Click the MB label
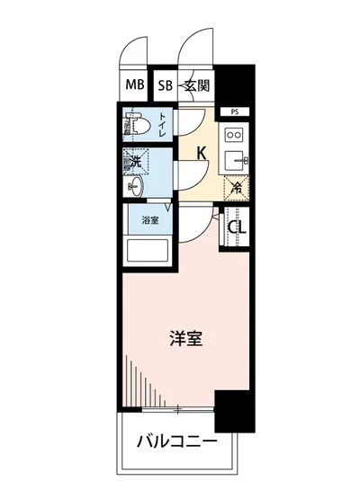pyautogui.click(x=134, y=86)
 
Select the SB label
pyautogui.click(x=164, y=86)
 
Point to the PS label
pyautogui.click(x=234, y=112)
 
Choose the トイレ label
pyautogui.click(x=163, y=128)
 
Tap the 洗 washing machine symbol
pyautogui.click(x=134, y=164)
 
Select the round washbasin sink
pyautogui.click(x=136, y=185)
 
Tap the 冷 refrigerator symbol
pyautogui.click(x=235, y=188)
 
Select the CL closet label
pyautogui.click(x=236, y=227)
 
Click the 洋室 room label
pyautogui.click(x=186, y=340)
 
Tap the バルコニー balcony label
pyautogui.click(x=176, y=441)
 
